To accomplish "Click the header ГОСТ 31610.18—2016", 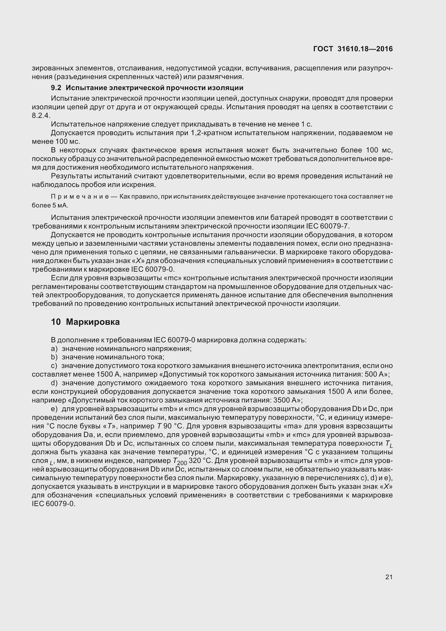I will [x=353, y=49].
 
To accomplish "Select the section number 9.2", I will [x=56, y=88].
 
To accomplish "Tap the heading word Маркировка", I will [x=93, y=322].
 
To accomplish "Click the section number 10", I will [x=56, y=322].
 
